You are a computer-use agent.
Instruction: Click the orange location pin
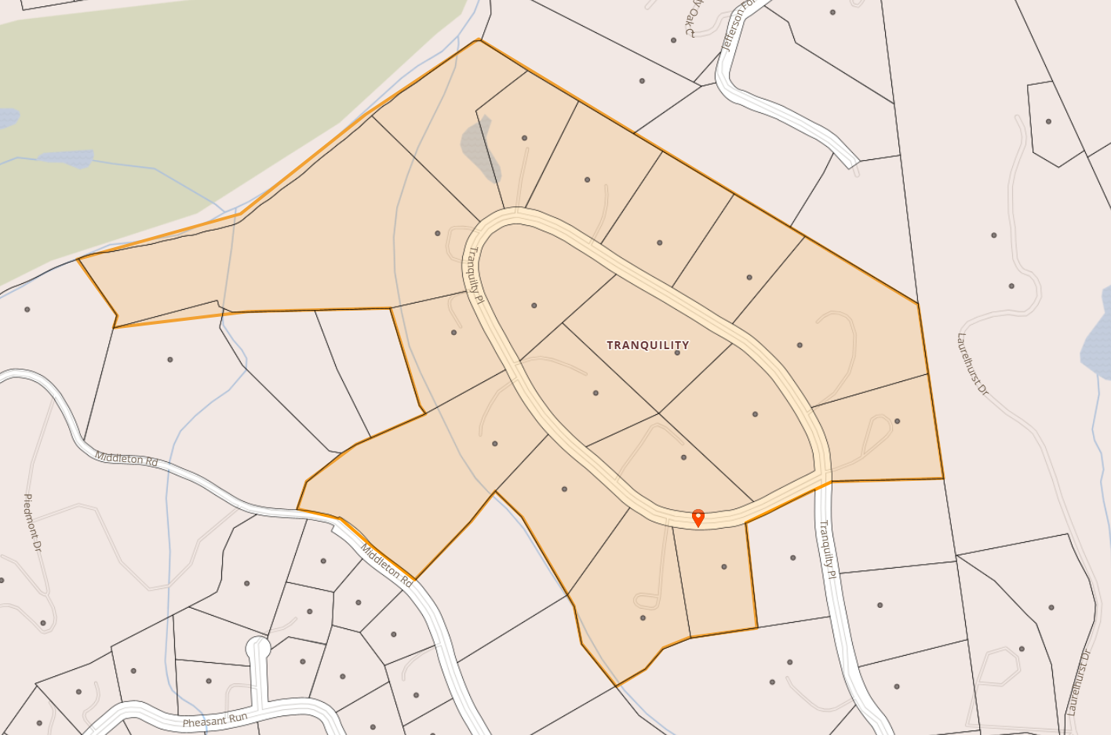tap(698, 517)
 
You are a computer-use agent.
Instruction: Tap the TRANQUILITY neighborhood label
tap(648, 345)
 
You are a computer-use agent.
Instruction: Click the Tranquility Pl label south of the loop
tap(828, 549)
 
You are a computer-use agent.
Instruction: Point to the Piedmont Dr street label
tap(32, 522)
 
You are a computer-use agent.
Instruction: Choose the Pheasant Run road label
tap(215, 720)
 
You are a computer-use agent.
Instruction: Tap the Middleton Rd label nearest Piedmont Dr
tap(126, 459)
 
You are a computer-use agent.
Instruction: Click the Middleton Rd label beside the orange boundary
tap(386, 566)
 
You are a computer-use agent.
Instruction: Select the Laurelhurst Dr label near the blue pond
tap(973, 365)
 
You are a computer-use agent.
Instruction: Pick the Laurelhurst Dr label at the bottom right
tap(1079, 682)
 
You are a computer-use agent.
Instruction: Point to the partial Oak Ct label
tap(691, 19)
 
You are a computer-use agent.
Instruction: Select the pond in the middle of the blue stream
tap(67, 158)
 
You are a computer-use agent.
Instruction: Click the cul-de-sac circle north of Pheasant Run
tap(258, 648)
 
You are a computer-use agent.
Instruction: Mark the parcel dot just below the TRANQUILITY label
tap(677, 353)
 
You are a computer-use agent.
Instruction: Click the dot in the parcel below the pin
tap(723, 566)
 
